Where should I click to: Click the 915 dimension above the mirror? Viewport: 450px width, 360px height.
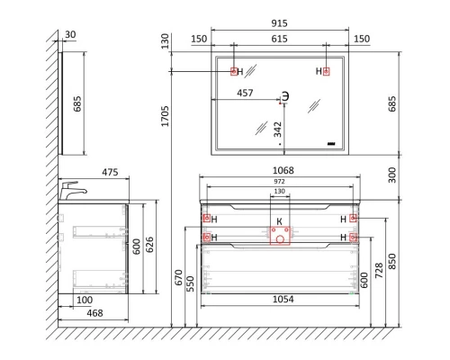pos(279,23)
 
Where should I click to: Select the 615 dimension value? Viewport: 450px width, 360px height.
pos(279,39)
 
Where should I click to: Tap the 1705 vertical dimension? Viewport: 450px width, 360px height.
pos(165,116)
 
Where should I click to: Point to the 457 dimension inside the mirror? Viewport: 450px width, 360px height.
pos(245,93)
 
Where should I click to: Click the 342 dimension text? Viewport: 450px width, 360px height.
pos(278,130)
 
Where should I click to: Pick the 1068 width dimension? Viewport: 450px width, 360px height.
pos(283,170)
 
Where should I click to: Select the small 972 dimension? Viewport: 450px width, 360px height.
pos(279,182)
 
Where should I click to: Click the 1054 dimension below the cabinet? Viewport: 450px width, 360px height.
pos(283,299)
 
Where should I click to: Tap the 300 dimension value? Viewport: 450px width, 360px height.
pos(391,175)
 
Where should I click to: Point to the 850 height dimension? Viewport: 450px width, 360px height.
pos(391,261)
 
